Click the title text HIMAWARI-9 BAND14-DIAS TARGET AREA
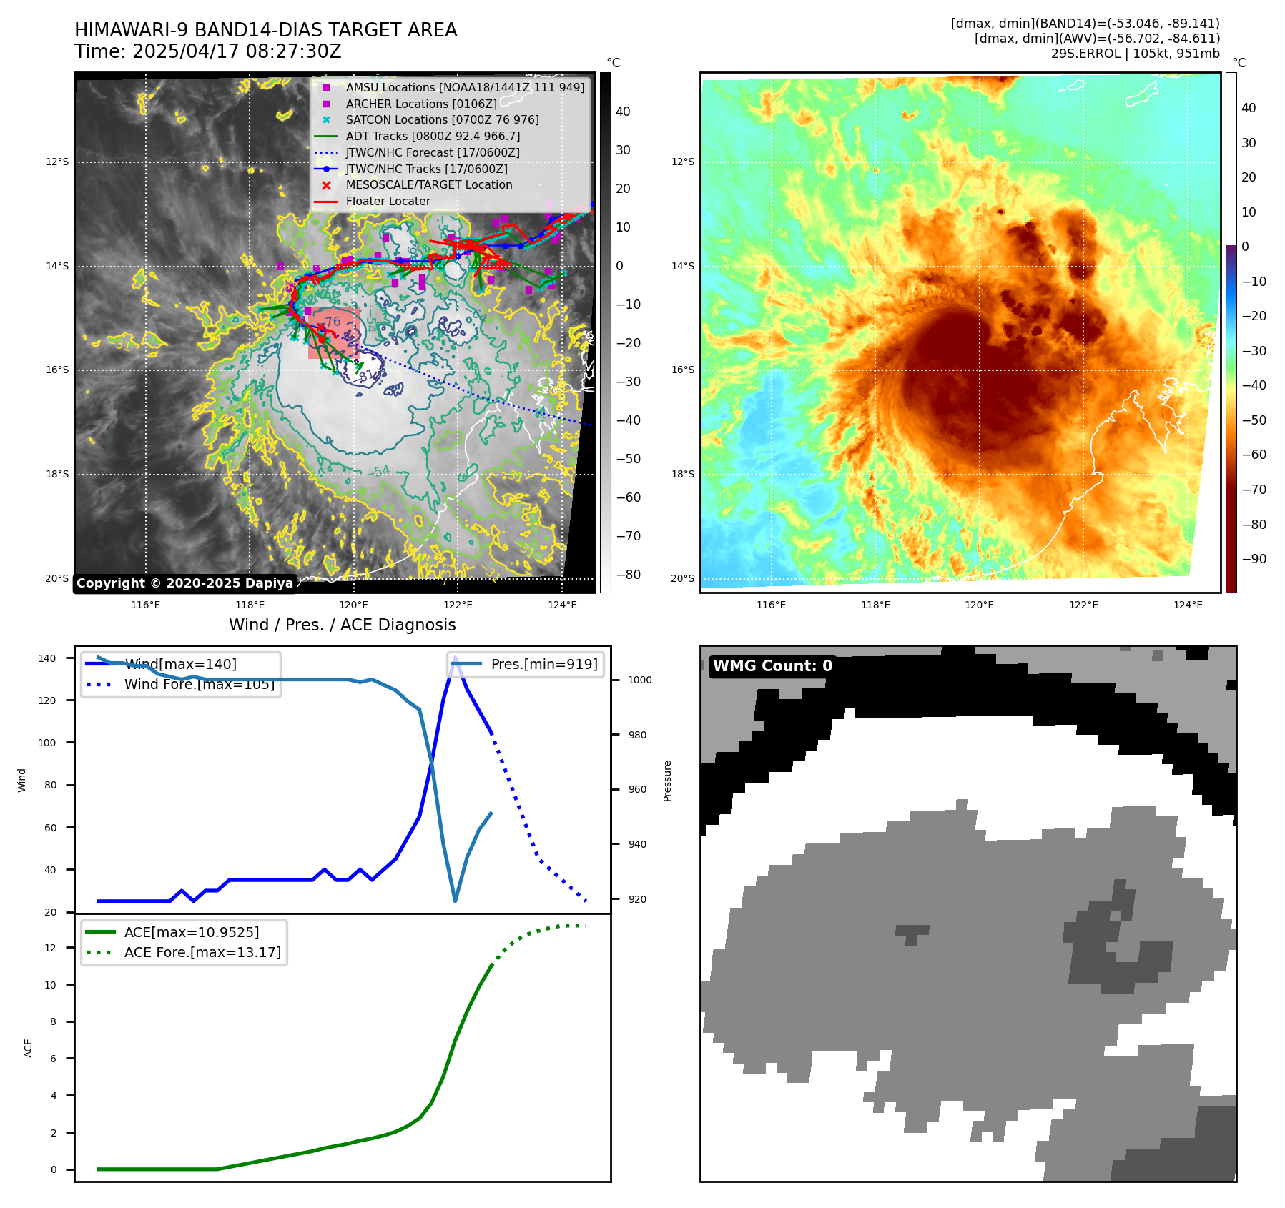tap(265, 30)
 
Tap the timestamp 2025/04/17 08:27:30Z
tap(237, 52)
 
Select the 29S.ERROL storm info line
tap(1135, 54)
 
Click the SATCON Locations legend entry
tap(442, 119)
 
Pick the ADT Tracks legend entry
tap(433, 136)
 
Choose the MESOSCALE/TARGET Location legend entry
tap(429, 184)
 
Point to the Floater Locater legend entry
tap(388, 201)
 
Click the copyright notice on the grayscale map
tap(184, 583)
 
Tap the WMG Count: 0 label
tap(772, 666)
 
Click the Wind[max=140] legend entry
tap(180, 664)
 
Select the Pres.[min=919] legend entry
tap(543, 664)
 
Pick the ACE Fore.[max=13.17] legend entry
tap(202, 952)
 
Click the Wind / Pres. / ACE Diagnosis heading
tap(342, 625)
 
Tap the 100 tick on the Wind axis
tap(46, 743)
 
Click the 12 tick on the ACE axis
tap(50, 948)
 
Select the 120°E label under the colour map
tap(979, 605)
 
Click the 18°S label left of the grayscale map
tap(57, 474)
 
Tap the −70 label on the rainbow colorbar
tap(1254, 490)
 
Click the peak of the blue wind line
tap(455, 657)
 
